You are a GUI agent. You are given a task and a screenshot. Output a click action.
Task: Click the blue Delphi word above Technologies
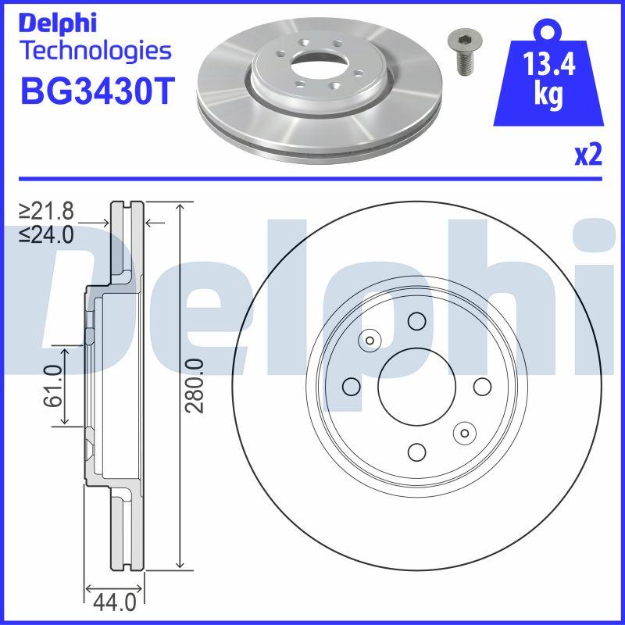pos(58,23)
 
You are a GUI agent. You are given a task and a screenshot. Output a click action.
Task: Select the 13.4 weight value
pos(548,64)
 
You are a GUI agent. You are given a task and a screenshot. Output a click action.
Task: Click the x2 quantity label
pos(588,155)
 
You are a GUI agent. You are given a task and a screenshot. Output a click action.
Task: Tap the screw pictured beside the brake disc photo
pos(465,52)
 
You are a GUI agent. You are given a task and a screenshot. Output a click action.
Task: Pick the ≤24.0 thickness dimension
pos(46,235)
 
